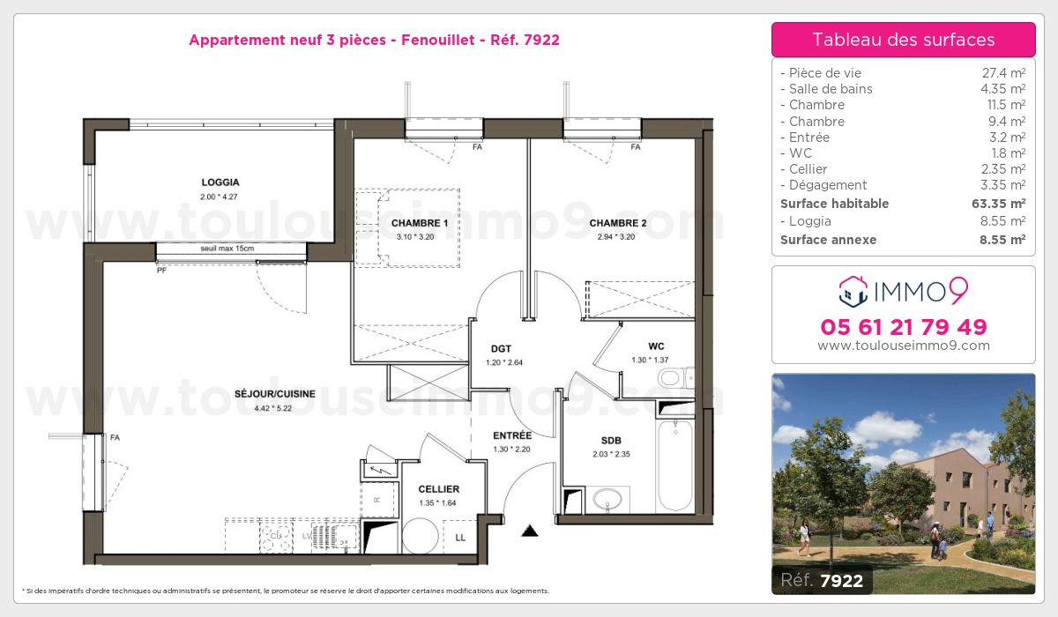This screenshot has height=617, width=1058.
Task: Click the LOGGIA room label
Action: tap(220, 182)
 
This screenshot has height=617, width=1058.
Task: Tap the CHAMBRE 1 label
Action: tap(420, 223)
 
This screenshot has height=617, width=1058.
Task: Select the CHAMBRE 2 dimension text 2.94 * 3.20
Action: tap(616, 237)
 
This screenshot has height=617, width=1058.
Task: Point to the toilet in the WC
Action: tap(675, 377)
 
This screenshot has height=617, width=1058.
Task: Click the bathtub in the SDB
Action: tap(675, 465)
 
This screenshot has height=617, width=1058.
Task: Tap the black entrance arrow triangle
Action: tap(530, 532)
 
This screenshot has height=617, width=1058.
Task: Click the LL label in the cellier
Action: tap(460, 538)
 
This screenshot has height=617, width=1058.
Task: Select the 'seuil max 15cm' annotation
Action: tap(227, 249)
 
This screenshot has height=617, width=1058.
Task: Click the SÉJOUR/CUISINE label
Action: tap(275, 394)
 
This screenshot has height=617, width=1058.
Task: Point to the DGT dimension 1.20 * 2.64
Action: tap(504, 362)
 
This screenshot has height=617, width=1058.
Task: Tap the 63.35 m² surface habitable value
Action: tap(998, 204)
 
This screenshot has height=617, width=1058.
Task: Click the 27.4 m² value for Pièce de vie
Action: tap(1003, 72)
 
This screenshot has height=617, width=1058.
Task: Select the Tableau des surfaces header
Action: tap(904, 40)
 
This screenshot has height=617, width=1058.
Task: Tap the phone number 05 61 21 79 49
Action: tap(904, 327)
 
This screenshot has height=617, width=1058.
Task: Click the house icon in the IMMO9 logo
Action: tap(853, 291)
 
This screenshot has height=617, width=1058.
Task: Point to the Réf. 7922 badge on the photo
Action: tap(822, 580)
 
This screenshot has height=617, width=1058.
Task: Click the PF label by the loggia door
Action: tap(161, 271)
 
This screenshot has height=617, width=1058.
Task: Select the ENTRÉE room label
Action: tap(512, 435)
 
